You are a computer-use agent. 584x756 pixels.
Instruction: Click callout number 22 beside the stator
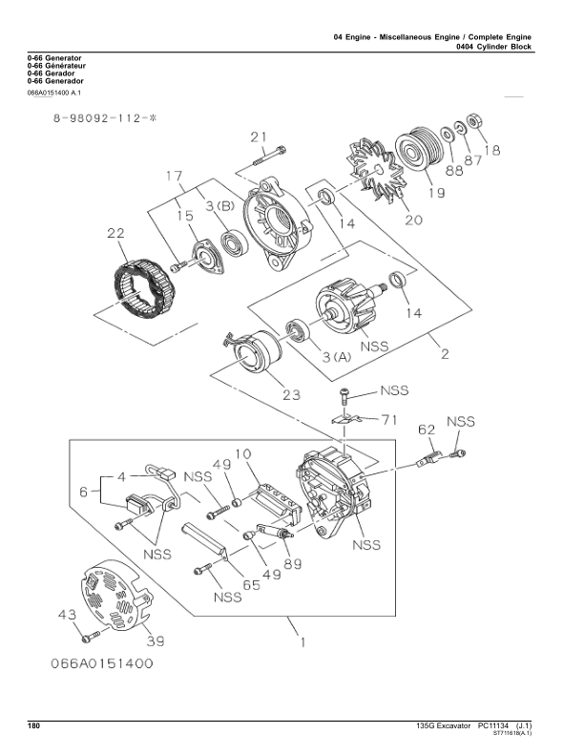pyautogui.click(x=115, y=233)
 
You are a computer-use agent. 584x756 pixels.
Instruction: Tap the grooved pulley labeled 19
pyautogui.click(x=416, y=148)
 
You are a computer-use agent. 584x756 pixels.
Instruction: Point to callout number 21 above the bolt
pyautogui.click(x=259, y=137)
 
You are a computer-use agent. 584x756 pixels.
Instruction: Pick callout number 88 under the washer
pyautogui.click(x=454, y=170)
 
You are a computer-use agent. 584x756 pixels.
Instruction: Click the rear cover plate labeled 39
pyautogui.click(x=116, y=594)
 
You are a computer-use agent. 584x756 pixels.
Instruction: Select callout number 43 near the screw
pyautogui.click(x=67, y=615)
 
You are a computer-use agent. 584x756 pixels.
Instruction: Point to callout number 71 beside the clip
pyautogui.click(x=389, y=420)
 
